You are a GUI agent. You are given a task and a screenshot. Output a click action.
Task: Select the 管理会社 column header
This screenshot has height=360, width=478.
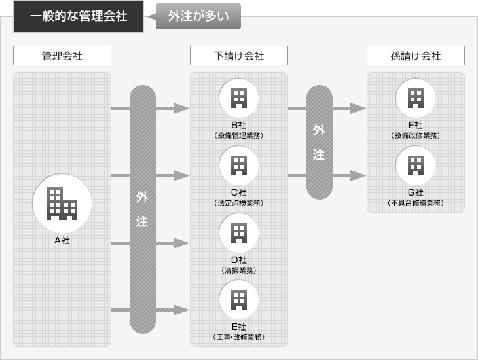coord(62,56)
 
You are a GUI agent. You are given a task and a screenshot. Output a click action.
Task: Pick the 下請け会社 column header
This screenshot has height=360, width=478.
coord(239,56)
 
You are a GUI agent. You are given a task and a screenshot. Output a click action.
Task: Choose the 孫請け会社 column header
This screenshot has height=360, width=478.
coord(415,56)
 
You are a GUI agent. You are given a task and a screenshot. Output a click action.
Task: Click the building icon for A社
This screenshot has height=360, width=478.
coord(62,202)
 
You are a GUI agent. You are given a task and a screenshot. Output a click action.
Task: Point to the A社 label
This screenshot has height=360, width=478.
coord(62,240)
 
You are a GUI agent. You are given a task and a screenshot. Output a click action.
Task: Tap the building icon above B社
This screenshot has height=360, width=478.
coord(239,98)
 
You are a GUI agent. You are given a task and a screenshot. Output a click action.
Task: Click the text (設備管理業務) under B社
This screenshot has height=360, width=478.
coord(239,135)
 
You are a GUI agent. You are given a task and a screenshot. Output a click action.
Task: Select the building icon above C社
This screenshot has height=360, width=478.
coord(239,165)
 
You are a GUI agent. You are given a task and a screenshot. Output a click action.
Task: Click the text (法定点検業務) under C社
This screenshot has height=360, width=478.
coord(239,203)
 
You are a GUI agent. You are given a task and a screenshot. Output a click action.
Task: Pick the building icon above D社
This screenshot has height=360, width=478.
coord(239,232)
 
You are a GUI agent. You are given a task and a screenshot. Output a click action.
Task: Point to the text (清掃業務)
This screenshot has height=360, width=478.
coord(239,270)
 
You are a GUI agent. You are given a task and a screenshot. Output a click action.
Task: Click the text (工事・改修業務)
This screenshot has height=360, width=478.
coord(239,337)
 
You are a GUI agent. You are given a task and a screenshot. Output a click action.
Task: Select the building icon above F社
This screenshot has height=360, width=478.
coord(415,98)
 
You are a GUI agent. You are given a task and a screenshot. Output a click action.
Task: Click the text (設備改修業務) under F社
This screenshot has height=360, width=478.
coord(415,135)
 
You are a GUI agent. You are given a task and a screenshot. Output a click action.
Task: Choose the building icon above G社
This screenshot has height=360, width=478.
coord(415,165)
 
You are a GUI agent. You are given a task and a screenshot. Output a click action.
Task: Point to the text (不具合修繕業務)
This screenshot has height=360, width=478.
coord(415,203)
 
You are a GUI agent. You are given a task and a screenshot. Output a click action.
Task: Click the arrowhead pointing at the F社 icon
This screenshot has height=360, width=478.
coord(358,108)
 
